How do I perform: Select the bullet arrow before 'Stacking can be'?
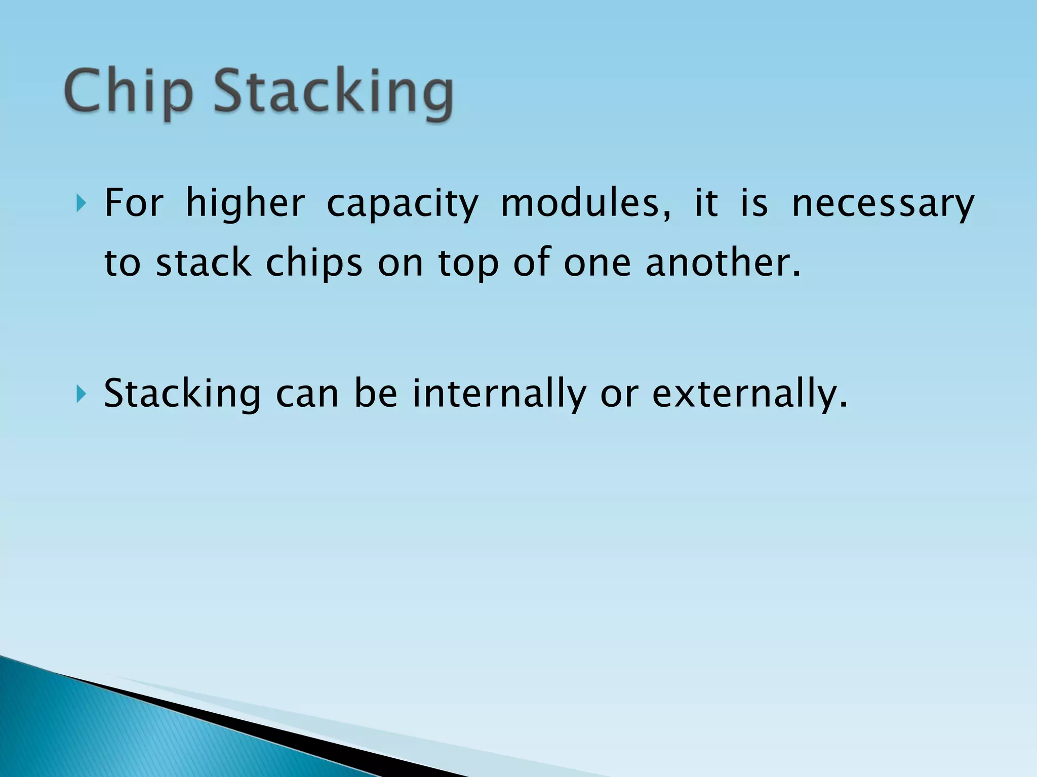81,394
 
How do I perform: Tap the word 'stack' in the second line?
204,263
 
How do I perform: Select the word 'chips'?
314,264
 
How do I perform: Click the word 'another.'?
724,263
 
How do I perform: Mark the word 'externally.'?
750,394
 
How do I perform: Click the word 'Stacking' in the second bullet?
182,394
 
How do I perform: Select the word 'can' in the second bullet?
307,395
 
